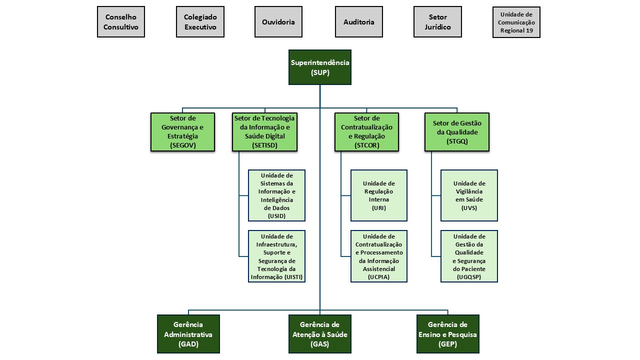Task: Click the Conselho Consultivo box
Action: pyautogui.click(x=121, y=22)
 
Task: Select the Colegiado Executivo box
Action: pyautogui.click(x=200, y=22)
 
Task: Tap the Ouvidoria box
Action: pyautogui.click(x=278, y=22)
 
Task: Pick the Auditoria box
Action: pyautogui.click(x=359, y=22)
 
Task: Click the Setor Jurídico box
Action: pyautogui.click(x=437, y=22)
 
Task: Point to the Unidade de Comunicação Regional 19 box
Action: pyautogui.click(x=516, y=22)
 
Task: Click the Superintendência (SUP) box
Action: pyautogui.click(x=320, y=67)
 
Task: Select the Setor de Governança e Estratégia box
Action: pyautogui.click(x=183, y=131)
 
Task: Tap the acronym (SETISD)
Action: pyautogui.click(x=265, y=145)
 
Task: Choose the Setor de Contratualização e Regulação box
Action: pyautogui.click(x=366, y=131)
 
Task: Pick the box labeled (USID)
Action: pyautogui.click(x=276, y=195)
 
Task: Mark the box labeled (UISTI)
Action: pyautogui.click(x=276, y=256)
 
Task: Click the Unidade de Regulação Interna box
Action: pyautogui.click(x=378, y=195)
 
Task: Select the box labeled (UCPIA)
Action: pyautogui.click(x=378, y=256)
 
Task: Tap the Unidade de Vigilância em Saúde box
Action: pyautogui.click(x=469, y=195)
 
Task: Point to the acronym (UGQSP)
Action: pyautogui.click(x=469, y=277)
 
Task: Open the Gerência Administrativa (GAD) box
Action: pyautogui.click(x=188, y=334)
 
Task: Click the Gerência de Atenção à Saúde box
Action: pyautogui.click(x=320, y=334)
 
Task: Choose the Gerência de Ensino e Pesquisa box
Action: pyautogui.click(x=447, y=334)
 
